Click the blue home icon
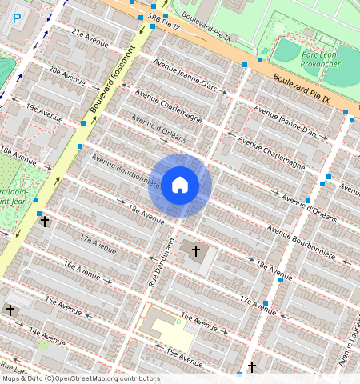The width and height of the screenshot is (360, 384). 180,186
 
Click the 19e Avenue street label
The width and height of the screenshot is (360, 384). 43,110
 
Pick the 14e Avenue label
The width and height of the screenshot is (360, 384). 45,333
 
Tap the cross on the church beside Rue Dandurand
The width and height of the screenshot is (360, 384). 195,251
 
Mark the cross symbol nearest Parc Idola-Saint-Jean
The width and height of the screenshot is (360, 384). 45,221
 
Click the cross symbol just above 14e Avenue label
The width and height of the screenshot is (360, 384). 10,309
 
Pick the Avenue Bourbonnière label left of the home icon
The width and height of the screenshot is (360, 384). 121,168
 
